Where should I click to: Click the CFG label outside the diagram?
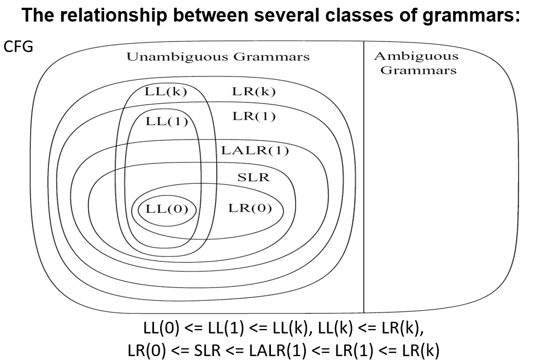click(x=18, y=47)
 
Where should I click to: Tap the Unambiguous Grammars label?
click(x=218, y=57)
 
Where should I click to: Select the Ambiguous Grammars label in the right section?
click(x=417, y=63)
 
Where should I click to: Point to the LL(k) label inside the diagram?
click(x=166, y=92)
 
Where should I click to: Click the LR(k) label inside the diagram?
click(x=254, y=92)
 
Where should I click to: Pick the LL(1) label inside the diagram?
click(x=167, y=121)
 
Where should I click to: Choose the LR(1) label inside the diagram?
click(x=254, y=117)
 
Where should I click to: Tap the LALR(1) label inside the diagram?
click(x=255, y=151)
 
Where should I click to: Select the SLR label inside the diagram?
click(x=253, y=177)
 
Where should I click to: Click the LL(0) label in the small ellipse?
click(x=167, y=209)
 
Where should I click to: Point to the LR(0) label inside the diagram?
click(x=250, y=208)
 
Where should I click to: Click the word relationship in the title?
click(x=111, y=16)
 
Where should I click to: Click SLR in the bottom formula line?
click(x=207, y=350)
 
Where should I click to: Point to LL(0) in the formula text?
click(x=161, y=328)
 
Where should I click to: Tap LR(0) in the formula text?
click(x=146, y=351)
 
